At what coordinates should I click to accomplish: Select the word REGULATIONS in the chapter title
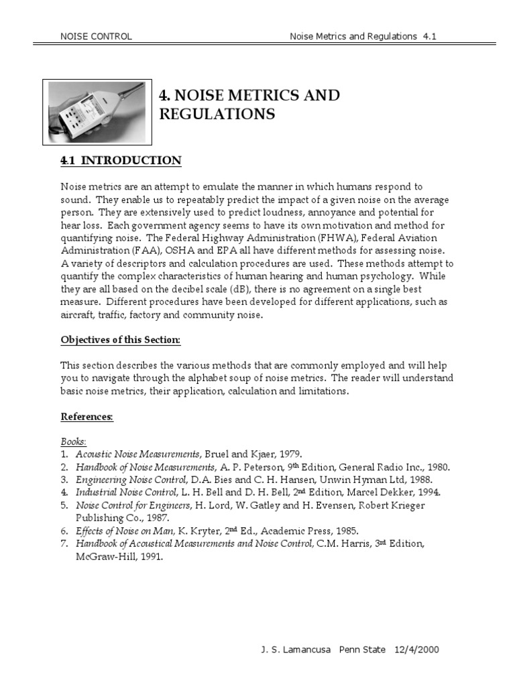(217, 115)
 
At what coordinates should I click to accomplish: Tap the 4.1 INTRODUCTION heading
(121, 161)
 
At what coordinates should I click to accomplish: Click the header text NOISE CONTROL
(96, 36)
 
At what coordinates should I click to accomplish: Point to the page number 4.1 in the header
(430, 36)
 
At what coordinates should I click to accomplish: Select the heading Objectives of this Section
(121, 340)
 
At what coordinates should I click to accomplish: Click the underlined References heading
(87, 417)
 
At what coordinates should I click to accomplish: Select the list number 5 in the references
(64, 505)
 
